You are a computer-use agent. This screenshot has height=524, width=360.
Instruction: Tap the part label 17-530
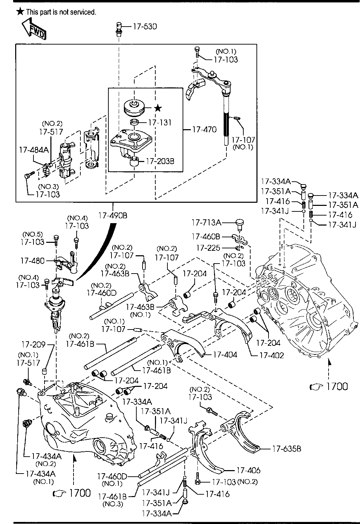click(145, 27)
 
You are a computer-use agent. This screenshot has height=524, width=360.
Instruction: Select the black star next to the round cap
click(158, 108)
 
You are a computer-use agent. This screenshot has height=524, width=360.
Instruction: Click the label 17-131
click(160, 122)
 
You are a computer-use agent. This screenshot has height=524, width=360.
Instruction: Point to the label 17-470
click(205, 130)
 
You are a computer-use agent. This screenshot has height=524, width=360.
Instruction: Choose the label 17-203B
click(160, 161)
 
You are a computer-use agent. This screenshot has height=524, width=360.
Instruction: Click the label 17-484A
click(34, 150)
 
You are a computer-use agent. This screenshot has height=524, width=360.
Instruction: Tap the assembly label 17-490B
click(113, 215)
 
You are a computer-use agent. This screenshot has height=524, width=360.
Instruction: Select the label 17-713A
click(206, 222)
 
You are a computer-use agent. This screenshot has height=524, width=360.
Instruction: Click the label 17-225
click(208, 248)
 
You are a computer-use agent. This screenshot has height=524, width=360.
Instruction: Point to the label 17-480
click(32, 260)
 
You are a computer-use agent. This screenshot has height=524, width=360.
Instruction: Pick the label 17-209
click(34, 344)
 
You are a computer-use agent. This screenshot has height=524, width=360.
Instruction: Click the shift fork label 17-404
click(225, 355)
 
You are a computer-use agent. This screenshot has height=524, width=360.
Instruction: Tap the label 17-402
click(272, 355)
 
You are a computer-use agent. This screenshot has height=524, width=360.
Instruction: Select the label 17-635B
click(287, 449)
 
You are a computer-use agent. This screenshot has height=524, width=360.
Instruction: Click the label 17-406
click(249, 470)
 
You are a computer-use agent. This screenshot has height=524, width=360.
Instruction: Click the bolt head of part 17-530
click(119, 25)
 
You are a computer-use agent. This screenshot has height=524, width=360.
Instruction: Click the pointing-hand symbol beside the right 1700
click(316, 387)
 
